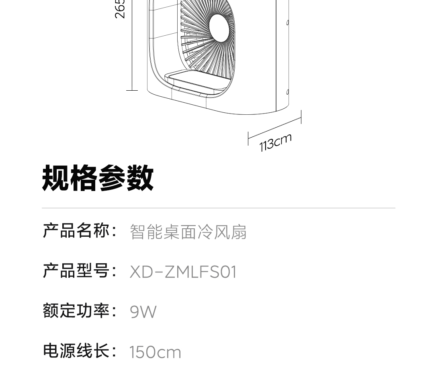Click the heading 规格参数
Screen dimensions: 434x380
tap(98, 178)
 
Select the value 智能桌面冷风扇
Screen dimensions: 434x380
tap(188, 232)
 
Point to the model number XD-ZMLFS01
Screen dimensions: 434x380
tap(183, 272)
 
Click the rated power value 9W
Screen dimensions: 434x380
tap(143, 312)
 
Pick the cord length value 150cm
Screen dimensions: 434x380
tap(155, 352)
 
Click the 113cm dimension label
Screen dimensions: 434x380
tap(275, 142)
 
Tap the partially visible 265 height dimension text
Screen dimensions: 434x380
tap(120, 9)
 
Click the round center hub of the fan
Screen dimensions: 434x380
tap(221, 27)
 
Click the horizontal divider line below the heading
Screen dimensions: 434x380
tap(219, 208)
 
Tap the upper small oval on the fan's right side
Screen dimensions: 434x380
tap(288, 23)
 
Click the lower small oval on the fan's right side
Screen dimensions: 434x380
tap(288, 92)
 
